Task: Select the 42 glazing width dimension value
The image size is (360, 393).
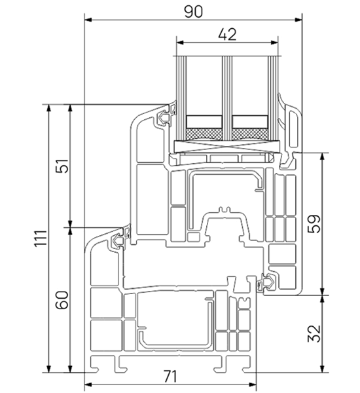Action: (x=224, y=35)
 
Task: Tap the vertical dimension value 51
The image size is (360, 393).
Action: (x=61, y=166)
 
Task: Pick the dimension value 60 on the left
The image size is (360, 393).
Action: (x=61, y=301)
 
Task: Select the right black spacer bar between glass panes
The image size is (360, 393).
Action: (x=249, y=121)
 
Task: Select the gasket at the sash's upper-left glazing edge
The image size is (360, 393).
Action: (x=166, y=118)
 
